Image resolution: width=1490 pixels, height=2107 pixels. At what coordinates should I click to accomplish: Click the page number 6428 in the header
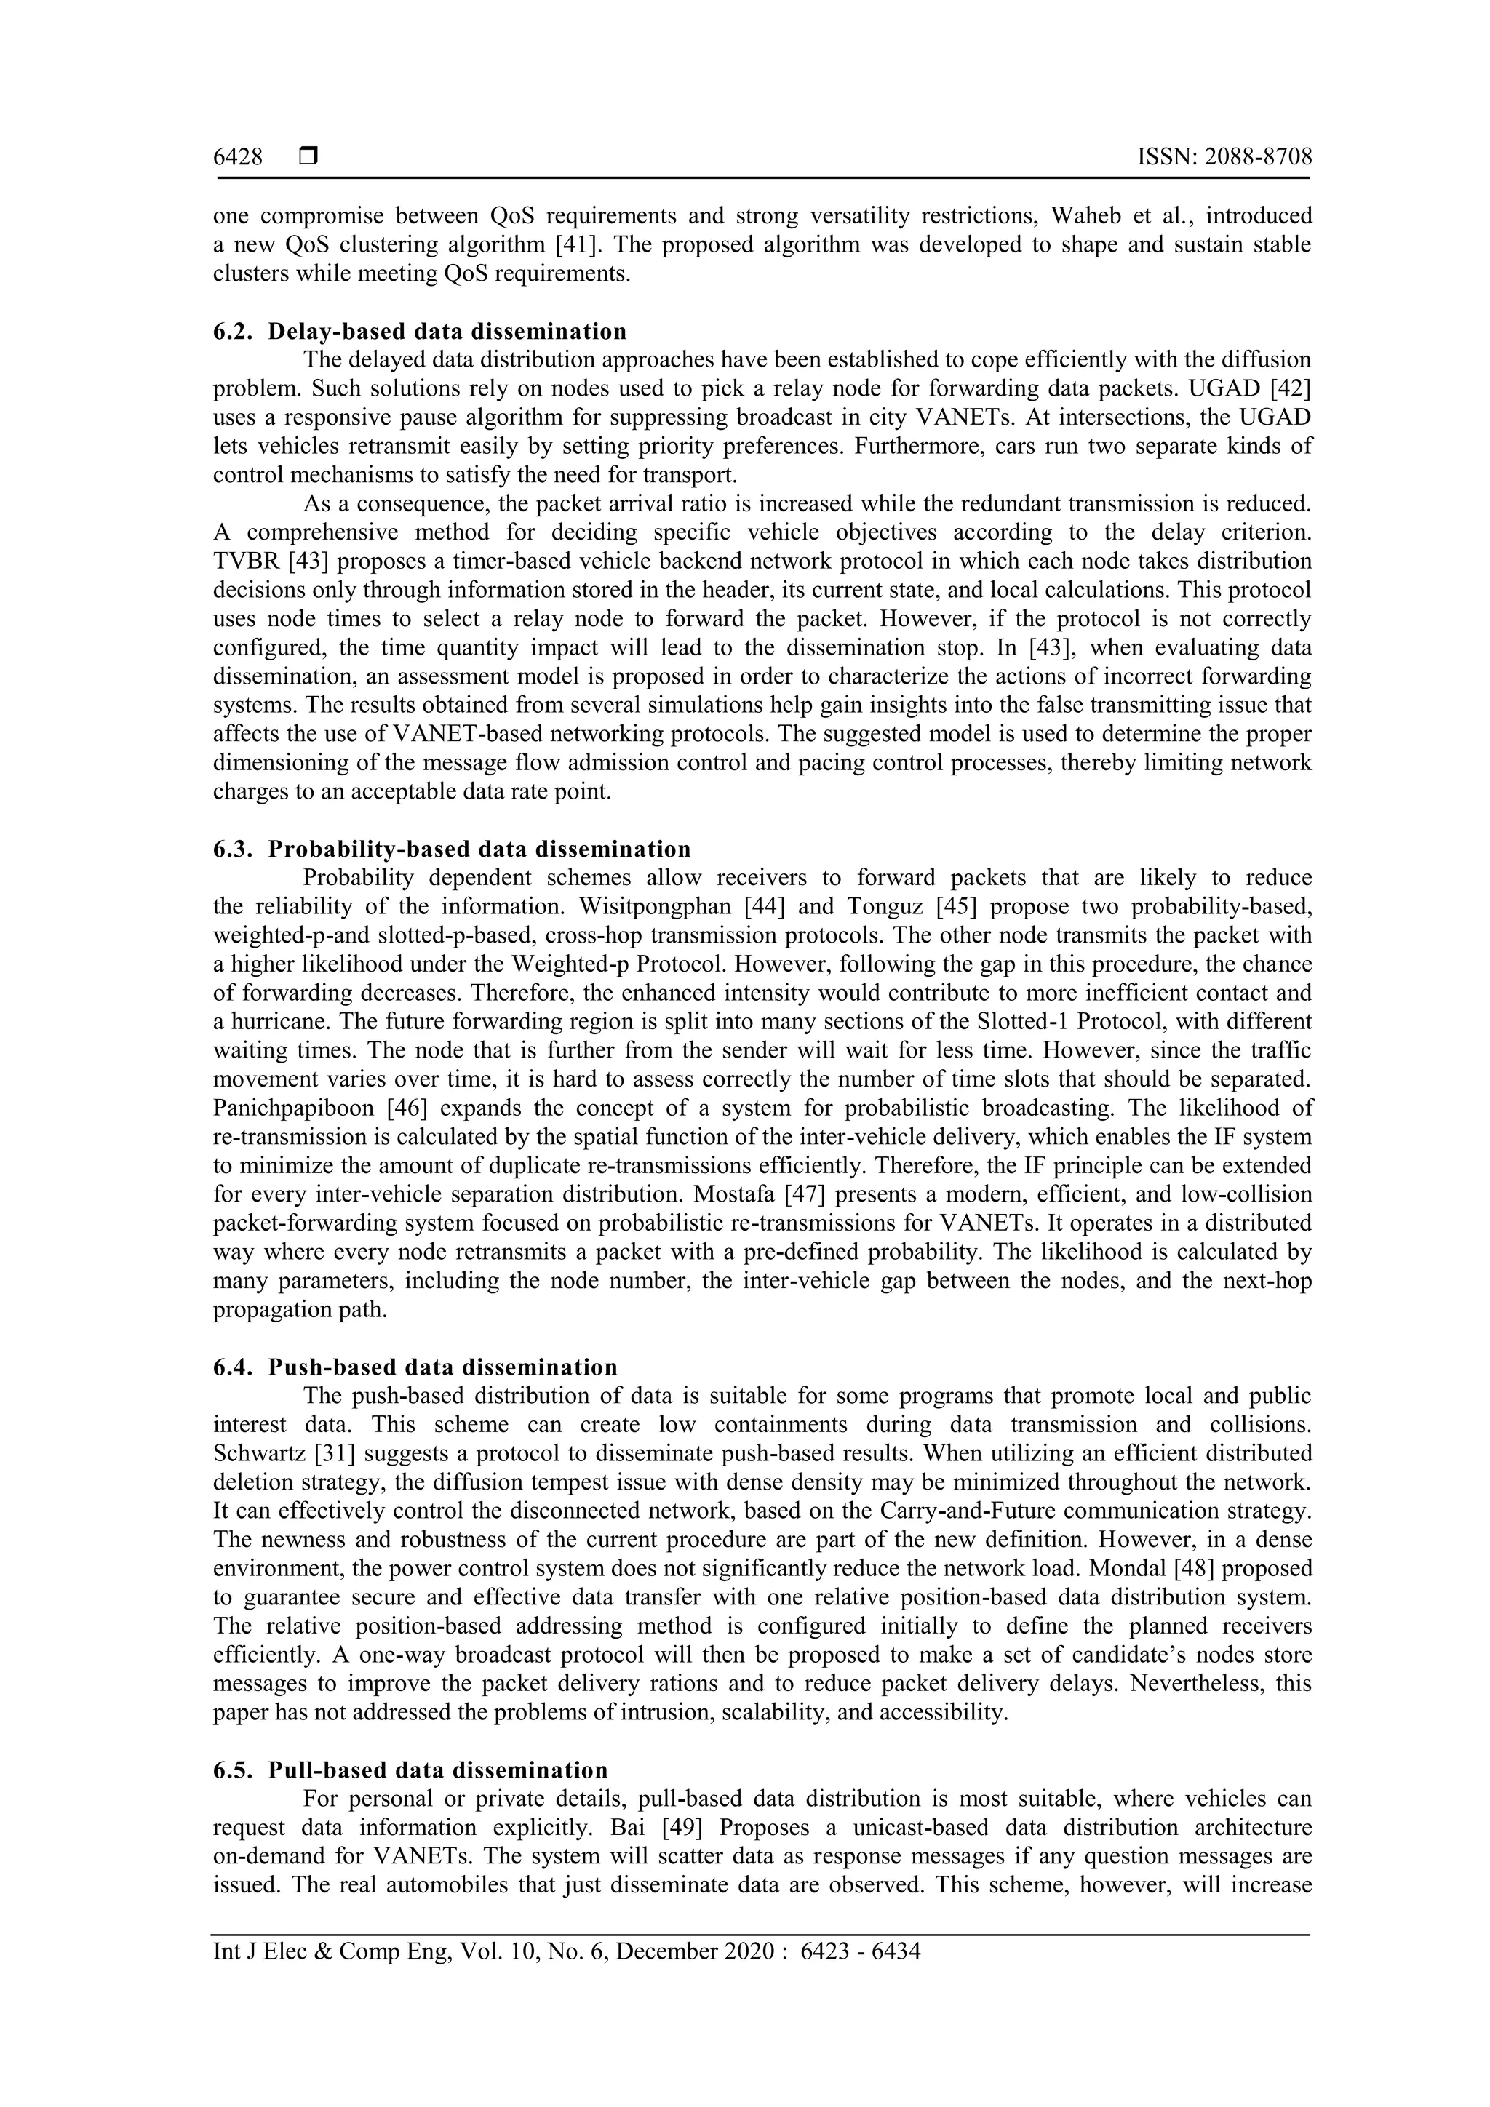click(238, 158)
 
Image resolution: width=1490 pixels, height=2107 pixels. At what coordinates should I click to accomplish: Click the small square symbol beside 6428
click(308, 158)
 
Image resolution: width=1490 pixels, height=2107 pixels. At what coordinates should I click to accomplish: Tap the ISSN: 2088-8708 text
click(1224, 158)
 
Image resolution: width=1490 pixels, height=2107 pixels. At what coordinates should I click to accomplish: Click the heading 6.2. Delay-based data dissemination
click(421, 331)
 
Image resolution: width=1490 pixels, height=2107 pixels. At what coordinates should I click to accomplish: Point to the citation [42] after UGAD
click(1288, 388)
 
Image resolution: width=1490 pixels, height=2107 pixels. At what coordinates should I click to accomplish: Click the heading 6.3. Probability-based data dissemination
click(452, 849)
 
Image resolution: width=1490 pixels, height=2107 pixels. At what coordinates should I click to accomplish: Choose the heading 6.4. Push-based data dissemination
click(416, 1367)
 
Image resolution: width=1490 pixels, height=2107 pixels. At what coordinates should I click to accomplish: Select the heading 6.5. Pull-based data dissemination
click(410, 1770)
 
